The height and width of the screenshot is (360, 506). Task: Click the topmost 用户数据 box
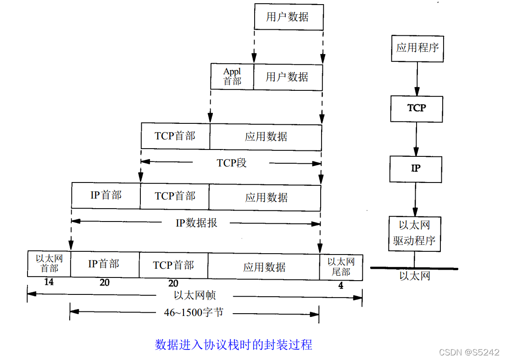289,17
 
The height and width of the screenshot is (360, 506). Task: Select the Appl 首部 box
232,77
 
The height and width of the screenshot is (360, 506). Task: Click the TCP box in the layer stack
417,109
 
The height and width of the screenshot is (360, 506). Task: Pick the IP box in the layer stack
416,169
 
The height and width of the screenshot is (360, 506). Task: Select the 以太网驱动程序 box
414,233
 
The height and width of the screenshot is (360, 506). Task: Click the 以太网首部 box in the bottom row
49,264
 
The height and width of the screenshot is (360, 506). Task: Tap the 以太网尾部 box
341,267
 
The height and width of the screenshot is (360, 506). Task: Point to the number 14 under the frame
49,282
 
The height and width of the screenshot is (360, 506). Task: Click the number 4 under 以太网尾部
340,286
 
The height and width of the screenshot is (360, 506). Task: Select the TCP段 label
232,163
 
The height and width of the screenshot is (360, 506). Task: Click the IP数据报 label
196,223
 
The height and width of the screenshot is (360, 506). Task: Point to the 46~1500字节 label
194,313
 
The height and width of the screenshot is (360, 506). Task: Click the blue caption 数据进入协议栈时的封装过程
234,344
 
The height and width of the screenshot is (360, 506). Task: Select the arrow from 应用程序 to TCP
417,79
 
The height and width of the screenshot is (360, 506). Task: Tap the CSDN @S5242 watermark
469,352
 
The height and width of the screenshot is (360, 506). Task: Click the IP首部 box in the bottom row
105,264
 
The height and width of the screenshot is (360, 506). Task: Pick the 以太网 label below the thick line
414,276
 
